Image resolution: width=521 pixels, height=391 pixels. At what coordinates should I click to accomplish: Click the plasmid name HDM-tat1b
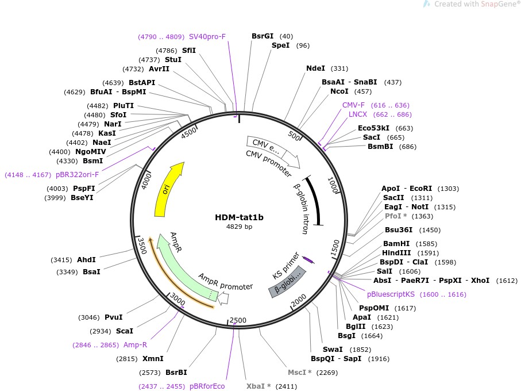coord(240,217)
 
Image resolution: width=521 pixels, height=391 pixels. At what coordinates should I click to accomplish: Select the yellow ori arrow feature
coord(168,189)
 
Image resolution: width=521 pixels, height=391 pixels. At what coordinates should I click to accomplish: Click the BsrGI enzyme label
coord(263,36)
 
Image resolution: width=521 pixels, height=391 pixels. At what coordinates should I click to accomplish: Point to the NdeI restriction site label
coord(315,68)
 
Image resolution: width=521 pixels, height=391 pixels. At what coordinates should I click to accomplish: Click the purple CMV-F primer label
coord(353,105)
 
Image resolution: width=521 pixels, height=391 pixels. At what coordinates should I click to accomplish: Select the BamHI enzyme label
coord(395,244)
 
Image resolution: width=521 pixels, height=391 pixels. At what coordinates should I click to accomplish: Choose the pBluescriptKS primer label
coord(391,294)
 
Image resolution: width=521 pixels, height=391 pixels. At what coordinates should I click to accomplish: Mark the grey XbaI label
coord(256,386)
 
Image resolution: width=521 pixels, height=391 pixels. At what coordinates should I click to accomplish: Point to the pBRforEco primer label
coord(207,386)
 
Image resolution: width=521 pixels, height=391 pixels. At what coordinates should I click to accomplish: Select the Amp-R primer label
coord(136,345)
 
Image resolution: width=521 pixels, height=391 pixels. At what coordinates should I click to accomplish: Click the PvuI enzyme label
coord(113,317)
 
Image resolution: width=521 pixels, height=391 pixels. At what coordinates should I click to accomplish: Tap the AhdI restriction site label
coord(86,260)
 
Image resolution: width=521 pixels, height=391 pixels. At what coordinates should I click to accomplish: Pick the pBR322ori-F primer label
coord(78,174)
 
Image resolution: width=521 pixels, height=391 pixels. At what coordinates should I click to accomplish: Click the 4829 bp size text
coord(240,227)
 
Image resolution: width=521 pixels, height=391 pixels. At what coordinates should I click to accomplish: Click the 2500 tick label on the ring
coord(238,320)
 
